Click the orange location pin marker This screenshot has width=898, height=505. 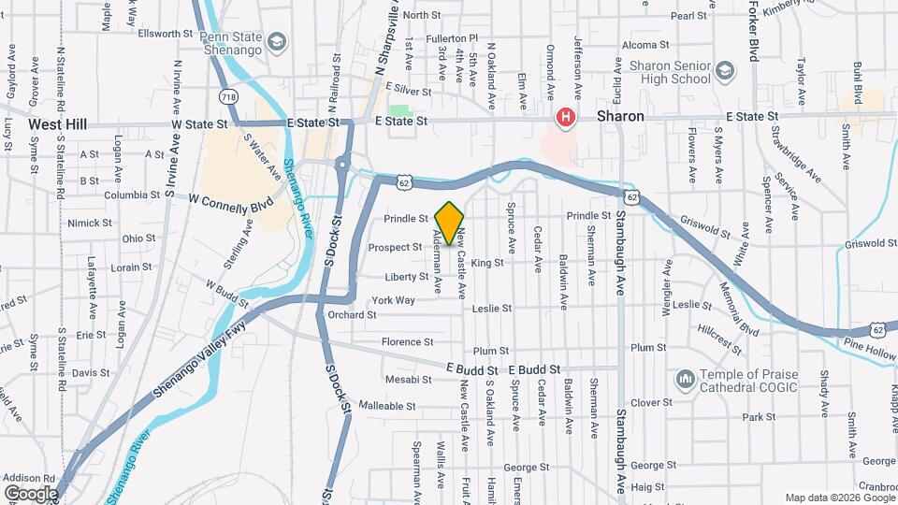(x=449, y=223)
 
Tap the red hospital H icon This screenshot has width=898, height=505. (x=565, y=118)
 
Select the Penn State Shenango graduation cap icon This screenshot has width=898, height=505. (x=276, y=42)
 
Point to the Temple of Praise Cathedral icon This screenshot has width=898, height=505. (x=685, y=378)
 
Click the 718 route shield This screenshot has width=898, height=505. (x=227, y=96)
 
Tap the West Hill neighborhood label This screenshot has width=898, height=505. (x=57, y=123)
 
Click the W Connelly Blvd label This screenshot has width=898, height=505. (x=231, y=199)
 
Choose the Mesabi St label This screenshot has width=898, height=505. (x=408, y=380)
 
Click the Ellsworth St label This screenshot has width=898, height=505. (x=165, y=34)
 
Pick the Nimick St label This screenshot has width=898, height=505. (x=90, y=224)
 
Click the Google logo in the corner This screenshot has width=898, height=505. (x=31, y=494)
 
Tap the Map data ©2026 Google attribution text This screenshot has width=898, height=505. (x=839, y=498)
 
